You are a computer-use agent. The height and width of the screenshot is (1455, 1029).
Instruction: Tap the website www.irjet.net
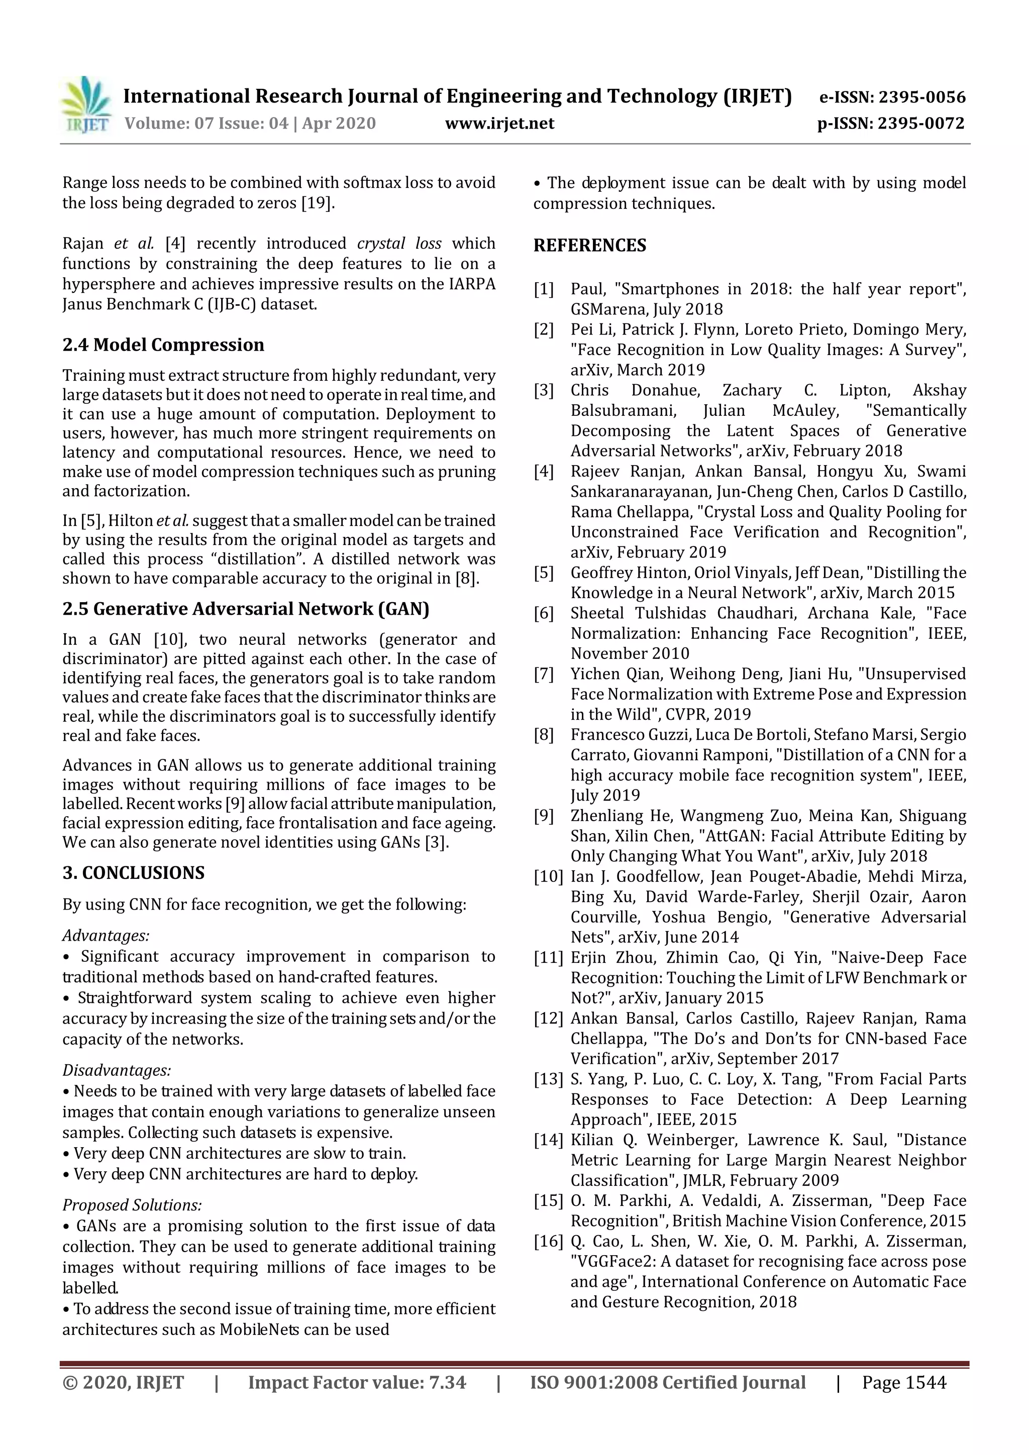[x=499, y=123]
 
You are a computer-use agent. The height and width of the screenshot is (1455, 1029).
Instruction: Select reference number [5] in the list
[x=543, y=573]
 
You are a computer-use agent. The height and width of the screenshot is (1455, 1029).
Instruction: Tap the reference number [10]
[x=547, y=877]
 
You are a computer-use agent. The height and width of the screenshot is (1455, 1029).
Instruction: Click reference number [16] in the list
[x=547, y=1242]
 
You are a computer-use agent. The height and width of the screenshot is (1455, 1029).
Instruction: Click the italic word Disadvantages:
[x=117, y=1070]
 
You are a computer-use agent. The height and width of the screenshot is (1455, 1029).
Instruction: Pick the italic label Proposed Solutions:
[x=132, y=1205]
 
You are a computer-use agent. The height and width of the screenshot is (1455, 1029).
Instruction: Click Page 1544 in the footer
[x=903, y=1382]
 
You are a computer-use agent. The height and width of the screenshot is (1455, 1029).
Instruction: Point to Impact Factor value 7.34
[x=356, y=1382]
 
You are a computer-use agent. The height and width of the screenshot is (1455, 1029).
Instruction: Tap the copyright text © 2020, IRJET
[x=123, y=1382]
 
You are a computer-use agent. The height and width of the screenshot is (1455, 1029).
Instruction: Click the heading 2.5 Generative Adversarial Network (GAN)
[x=245, y=609]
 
